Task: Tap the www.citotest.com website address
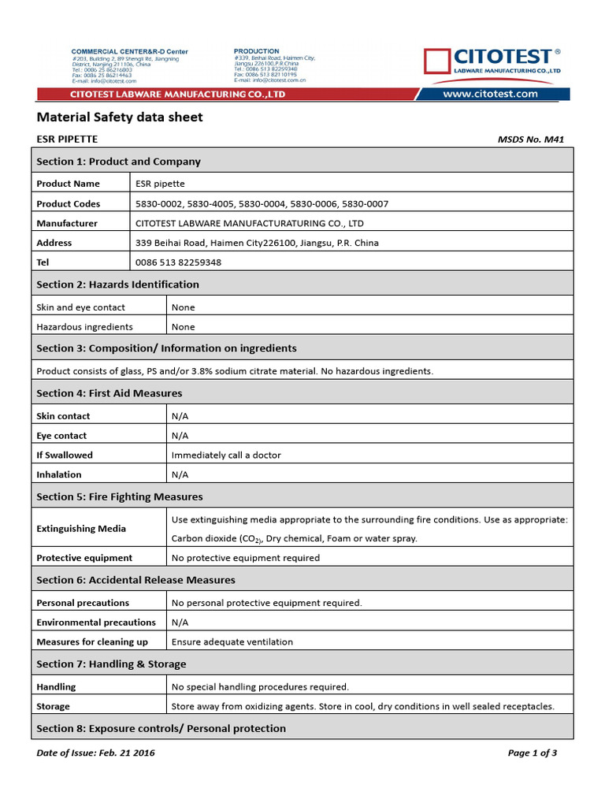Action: [x=490, y=94]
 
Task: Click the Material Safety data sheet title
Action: [x=120, y=117]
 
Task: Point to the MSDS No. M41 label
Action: [x=531, y=139]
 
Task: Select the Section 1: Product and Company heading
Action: [x=118, y=162]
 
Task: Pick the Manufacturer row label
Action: [x=67, y=224]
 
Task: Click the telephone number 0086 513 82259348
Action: [x=178, y=262]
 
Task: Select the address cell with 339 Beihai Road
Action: [x=257, y=243]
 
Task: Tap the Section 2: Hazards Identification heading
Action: [x=117, y=284]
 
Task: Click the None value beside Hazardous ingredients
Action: [x=183, y=327]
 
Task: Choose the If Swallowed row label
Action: [x=65, y=456]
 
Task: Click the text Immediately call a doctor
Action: [x=226, y=456]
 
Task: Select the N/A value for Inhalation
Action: [x=180, y=475]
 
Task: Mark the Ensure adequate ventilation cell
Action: [x=232, y=642]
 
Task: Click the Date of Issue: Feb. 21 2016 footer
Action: [x=96, y=753]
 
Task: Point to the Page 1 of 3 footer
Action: [x=533, y=753]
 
